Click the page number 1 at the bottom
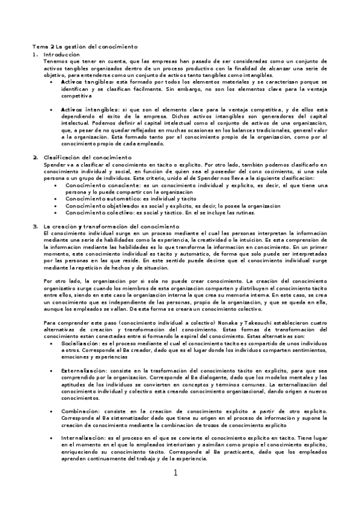175,472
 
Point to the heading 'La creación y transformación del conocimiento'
112,226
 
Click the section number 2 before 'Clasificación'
35,157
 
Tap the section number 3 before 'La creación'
35,226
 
